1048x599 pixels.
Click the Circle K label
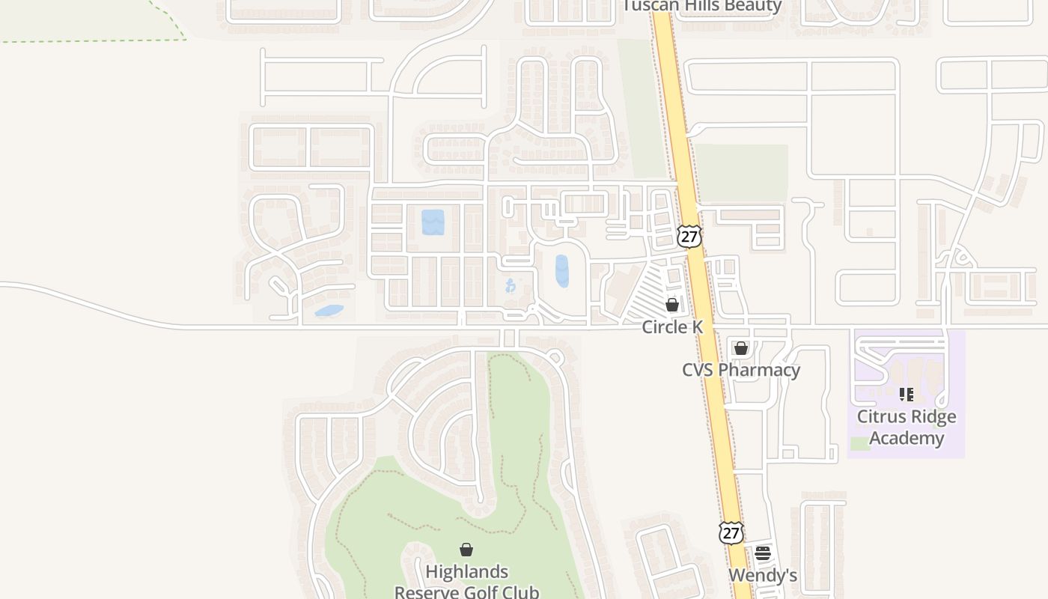672,327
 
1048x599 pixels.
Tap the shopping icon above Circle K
672,305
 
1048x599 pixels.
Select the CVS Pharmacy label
740,370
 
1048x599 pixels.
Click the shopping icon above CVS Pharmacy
741,348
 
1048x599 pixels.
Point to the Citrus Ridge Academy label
907,428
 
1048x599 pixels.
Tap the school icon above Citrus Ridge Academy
907,394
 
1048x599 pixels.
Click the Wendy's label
762,575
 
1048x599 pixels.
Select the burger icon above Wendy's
763,553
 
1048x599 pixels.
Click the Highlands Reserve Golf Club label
466,582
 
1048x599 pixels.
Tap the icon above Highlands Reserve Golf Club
466,550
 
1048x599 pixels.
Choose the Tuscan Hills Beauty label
701,6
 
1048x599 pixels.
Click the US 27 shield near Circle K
689,236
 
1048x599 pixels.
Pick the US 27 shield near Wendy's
731,532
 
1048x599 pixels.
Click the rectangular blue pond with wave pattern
433,222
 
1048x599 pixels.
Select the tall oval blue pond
561,271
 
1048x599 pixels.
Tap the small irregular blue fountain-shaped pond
511,285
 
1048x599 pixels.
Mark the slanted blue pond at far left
329,310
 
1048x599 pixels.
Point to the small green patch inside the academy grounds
860,443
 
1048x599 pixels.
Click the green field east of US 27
741,173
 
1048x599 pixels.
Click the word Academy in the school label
907,438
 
